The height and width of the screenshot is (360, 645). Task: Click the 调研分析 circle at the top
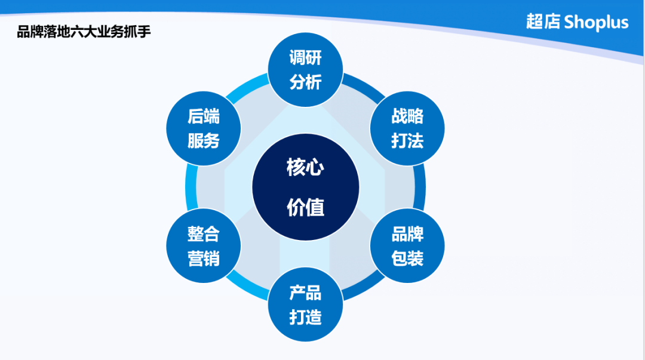point(305,70)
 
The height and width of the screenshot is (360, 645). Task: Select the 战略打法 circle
point(407,128)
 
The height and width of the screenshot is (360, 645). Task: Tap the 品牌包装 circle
point(407,246)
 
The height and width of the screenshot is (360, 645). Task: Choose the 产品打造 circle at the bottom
point(305,304)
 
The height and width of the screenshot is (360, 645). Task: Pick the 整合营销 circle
point(204,246)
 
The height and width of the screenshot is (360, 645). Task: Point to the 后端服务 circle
point(204,128)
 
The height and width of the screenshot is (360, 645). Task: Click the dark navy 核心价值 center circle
point(305,187)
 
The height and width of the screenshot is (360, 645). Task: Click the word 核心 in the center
point(305,167)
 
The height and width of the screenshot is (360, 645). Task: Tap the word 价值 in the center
point(305,207)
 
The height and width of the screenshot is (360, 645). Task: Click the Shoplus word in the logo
point(596,23)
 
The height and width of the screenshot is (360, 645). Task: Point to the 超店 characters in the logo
point(543,22)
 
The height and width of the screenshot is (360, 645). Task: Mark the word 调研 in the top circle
point(305,58)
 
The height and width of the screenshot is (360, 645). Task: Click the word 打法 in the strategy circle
point(407,141)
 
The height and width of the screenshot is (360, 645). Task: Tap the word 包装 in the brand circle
point(407,259)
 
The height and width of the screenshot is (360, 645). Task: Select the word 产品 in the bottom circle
point(305,293)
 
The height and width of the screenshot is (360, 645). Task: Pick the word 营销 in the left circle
point(204,259)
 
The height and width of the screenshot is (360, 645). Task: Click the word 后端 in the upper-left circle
point(204,116)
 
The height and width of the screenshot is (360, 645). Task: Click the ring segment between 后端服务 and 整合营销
point(191,187)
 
